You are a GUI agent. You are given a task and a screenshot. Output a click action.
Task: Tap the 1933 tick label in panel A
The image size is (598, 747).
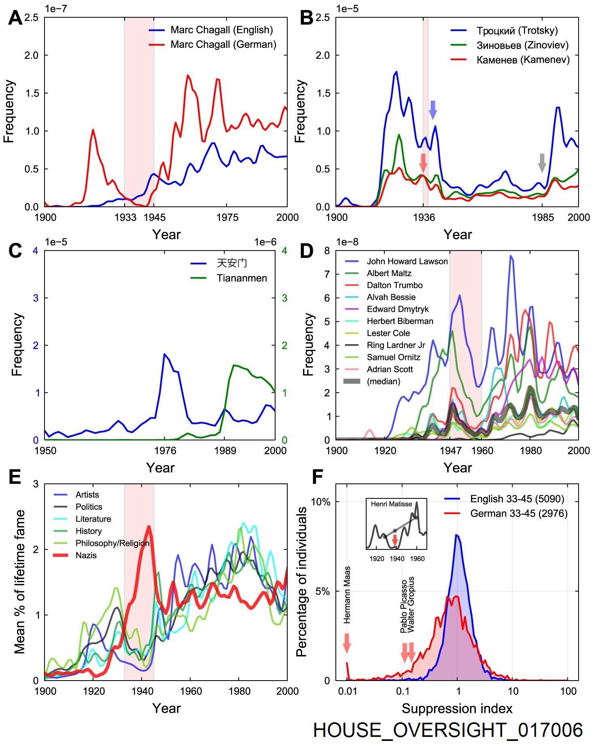[x=125, y=217]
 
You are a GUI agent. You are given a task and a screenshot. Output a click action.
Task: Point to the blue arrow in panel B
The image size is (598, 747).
[x=433, y=110]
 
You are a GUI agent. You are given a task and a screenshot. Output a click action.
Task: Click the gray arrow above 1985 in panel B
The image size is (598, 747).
[x=542, y=163]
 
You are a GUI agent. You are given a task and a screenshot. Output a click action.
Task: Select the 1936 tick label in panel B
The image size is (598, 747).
[x=424, y=217]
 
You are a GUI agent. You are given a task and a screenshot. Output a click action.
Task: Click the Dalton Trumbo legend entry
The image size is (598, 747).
[x=394, y=285]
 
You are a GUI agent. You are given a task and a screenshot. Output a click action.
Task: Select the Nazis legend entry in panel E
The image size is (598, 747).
[x=86, y=555]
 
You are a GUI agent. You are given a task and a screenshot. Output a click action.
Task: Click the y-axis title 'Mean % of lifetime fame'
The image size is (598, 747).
[x=19, y=582]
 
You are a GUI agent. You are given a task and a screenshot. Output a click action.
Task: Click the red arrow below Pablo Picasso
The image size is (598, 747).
[x=404, y=652]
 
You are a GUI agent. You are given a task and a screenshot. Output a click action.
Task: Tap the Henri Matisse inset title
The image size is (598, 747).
[x=391, y=504]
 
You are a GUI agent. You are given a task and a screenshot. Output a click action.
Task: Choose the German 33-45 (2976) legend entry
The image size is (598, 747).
[x=518, y=513]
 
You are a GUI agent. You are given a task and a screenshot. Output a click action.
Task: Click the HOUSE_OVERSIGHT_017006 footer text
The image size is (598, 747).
[x=447, y=729]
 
